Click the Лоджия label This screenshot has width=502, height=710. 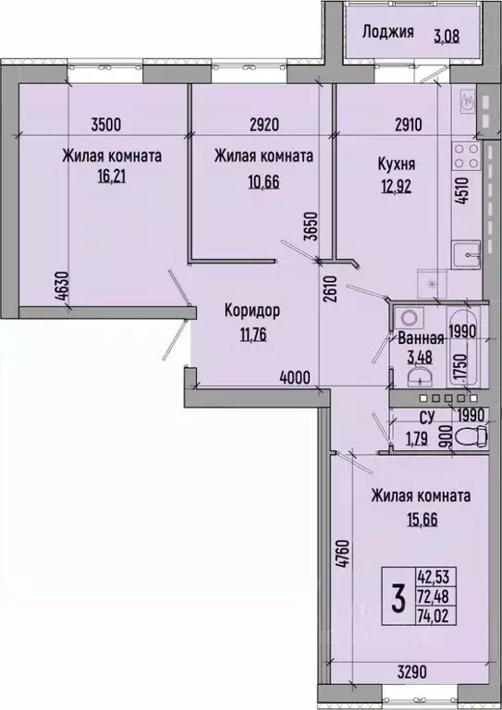coord(388,32)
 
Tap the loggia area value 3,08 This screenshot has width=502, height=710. coord(447,36)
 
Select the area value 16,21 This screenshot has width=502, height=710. coord(111,176)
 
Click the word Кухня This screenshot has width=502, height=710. coord(397,164)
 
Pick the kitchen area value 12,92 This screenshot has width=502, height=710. coord(396,187)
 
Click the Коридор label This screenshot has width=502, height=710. coord(252,311)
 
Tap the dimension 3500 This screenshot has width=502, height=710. coord(106,124)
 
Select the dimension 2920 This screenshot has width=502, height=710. coord(264,124)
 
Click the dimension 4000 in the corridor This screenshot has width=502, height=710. coord(296,377)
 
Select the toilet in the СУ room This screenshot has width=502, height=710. coord(471,436)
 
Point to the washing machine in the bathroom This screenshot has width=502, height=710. coord(410,317)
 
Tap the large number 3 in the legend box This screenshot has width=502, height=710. coord(398,597)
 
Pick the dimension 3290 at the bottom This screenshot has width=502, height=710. coord(411,671)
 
